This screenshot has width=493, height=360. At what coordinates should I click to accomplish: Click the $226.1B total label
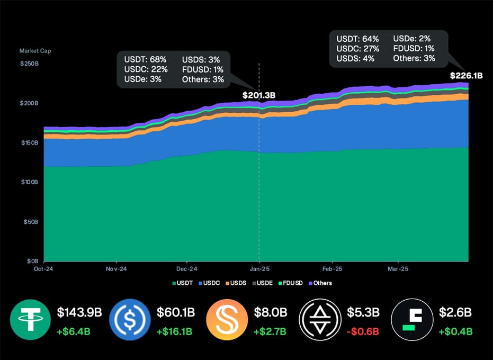click(x=466, y=76)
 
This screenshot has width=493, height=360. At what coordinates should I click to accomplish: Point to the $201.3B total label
click(x=259, y=95)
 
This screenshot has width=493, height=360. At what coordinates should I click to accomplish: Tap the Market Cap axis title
click(x=35, y=51)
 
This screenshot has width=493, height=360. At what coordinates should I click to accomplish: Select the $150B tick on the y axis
click(x=30, y=143)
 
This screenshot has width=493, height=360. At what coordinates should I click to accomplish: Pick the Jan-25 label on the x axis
click(x=259, y=269)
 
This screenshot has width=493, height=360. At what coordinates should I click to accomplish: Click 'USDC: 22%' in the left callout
click(x=146, y=69)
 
